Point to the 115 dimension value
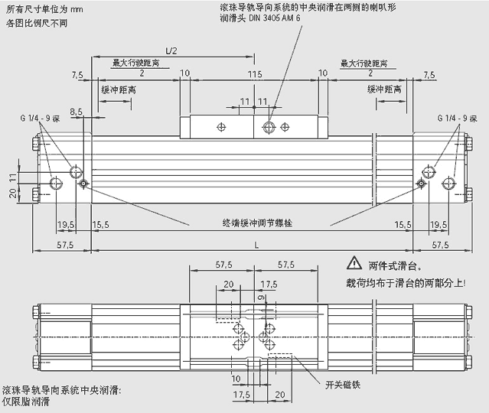[x=255, y=73]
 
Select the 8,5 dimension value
[x=76, y=112]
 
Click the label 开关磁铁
[x=341, y=384]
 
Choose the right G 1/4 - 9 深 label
[x=457, y=119]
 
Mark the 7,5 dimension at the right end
[x=428, y=74]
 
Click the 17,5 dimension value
[x=241, y=395]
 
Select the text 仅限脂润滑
[x=26, y=401]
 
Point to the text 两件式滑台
[x=395, y=265]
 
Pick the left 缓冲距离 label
[x=119, y=89]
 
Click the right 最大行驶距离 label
[x=363, y=63]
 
